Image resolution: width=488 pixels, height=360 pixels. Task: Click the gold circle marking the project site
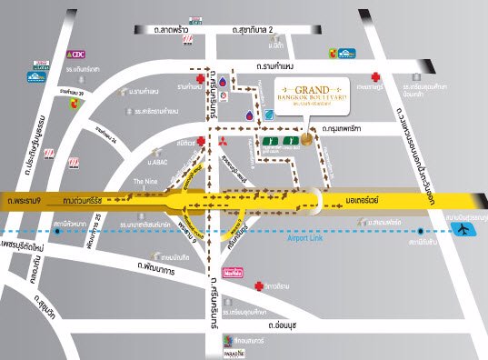coord(310,140)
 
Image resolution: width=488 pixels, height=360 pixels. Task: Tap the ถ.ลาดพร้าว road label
coord(170,31)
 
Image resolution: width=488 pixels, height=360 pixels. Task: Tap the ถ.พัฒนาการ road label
coord(159,267)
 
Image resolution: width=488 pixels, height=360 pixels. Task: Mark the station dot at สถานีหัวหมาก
coord(57,231)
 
